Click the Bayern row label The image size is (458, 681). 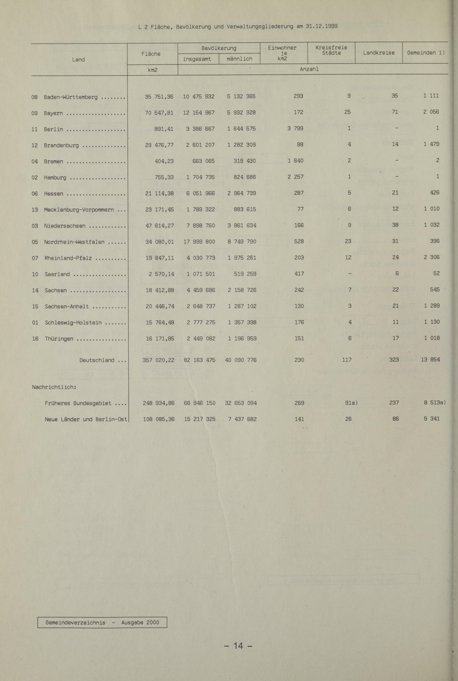point(53,113)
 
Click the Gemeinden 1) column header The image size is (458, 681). point(426,53)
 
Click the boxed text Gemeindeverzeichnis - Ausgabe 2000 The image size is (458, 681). point(102,622)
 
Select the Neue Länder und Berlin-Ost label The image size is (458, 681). point(86,419)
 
